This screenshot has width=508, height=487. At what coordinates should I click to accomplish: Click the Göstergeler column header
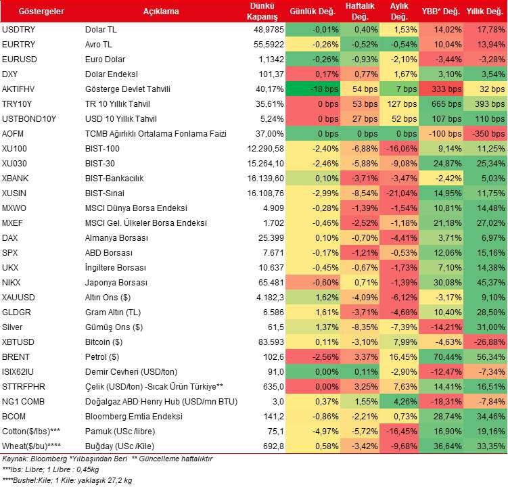pyautogui.click(x=41, y=11)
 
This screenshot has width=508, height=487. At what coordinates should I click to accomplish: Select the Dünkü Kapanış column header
pyautogui.click(x=262, y=11)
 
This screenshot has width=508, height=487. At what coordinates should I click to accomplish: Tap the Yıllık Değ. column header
pyautogui.click(x=485, y=11)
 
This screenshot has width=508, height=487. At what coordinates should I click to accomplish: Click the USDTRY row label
pyautogui.click(x=18, y=30)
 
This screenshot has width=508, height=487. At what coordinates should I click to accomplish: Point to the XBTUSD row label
pyautogui.click(x=18, y=342)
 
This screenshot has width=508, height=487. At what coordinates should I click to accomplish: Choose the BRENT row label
pyautogui.click(x=16, y=356)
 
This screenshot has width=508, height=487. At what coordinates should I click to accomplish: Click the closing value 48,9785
pyautogui.click(x=269, y=30)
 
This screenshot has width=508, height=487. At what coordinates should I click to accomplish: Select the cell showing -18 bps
pyautogui.click(x=324, y=89)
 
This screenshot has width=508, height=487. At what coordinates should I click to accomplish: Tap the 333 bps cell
pyautogui.click(x=446, y=89)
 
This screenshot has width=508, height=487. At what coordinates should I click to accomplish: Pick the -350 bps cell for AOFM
pyautogui.click(x=488, y=134)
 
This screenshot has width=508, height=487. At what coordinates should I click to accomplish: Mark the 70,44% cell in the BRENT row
pyautogui.click(x=447, y=356)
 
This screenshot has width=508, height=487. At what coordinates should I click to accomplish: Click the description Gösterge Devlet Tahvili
pyautogui.click(x=128, y=89)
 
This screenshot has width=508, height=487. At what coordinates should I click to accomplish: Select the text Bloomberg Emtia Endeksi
pyautogui.click(x=134, y=417)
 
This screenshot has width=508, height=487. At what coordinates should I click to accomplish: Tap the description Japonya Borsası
pyautogui.click(x=116, y=283)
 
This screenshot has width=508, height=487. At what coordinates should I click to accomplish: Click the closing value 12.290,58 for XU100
pyautogui.click(x=265, y=149)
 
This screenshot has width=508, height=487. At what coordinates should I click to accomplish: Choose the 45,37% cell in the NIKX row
pyautogui.click(x=490, y=283)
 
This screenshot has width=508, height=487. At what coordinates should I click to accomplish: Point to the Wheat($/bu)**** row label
pyautogui.click(x=31, y=446)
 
